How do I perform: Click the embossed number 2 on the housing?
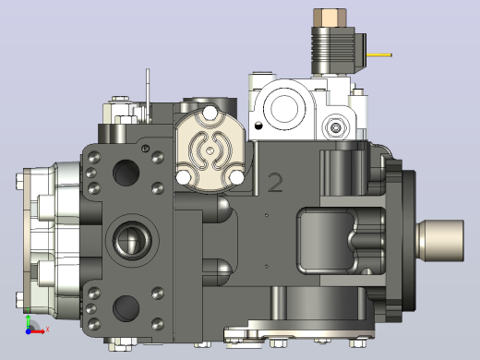[275, 183]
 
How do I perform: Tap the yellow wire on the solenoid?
[379, 55]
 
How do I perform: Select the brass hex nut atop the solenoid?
[330, 18]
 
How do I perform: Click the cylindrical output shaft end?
[440, 241]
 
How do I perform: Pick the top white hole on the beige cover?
[210, 113]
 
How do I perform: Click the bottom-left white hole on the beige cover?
[183, 178]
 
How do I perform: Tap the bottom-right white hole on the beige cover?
[237, 177]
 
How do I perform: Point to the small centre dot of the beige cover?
[210, 150]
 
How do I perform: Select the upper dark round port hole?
[126, 173]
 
